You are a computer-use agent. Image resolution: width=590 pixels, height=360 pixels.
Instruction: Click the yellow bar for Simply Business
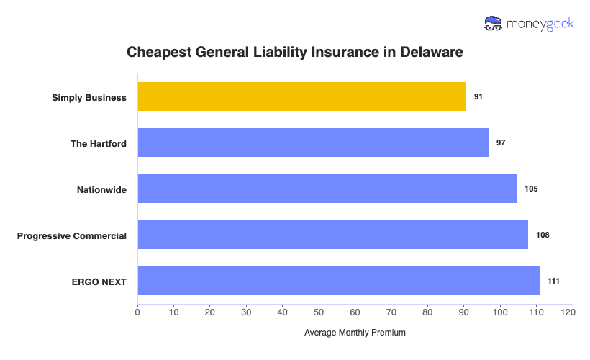pyautogui.click(x=301, y=96)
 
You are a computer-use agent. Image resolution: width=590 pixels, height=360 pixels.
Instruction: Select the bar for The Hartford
pyautogui.click(x=313, y=143)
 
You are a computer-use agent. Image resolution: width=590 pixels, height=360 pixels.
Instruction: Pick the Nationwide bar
pyautogui.click(x=327, y=189)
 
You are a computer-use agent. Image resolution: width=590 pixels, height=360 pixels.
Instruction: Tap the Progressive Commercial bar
pyautogui.click(x=332, y=235)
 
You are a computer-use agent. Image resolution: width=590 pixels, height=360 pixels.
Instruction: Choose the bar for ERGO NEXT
pyautogui.click(x=338, y=281)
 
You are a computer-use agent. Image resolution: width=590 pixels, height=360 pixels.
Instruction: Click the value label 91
pyautogui.click(x=478, y=96)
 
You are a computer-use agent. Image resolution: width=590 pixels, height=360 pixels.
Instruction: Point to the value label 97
pyautogui.click(x=501, y=143)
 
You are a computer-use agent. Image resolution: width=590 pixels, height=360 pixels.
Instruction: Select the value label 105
pyautogui.click(x=531, y=189)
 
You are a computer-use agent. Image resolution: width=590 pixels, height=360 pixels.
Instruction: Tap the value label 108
pyautogui.click(x=543, y=235)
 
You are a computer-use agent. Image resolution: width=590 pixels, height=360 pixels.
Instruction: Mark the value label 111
pyautogui.click(x=553, y=281)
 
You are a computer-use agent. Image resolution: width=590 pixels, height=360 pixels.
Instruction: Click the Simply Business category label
pyautogui.click(x=89, y=97)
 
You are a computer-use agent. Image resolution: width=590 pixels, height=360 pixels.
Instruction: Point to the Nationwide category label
pyautogui.click(x=101, y=189)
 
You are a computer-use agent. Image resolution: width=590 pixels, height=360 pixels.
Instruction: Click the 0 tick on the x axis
pyautogui.click(x=137, y=312)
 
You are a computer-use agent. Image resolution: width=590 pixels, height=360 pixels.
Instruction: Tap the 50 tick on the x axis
pyautogui.click(x=319, y=312)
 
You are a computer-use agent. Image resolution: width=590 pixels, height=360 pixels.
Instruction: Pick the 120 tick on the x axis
pyautogui.click(x=572, y=312)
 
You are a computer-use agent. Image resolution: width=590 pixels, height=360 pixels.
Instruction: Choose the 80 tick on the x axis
pyautogui.click(x=427, y=312)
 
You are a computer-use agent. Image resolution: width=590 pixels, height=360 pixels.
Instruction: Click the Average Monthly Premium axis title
pyautogui.click(x=355, y=333)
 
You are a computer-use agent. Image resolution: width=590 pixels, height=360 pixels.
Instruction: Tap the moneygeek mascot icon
pyautogui.click(x=494, y=23)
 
